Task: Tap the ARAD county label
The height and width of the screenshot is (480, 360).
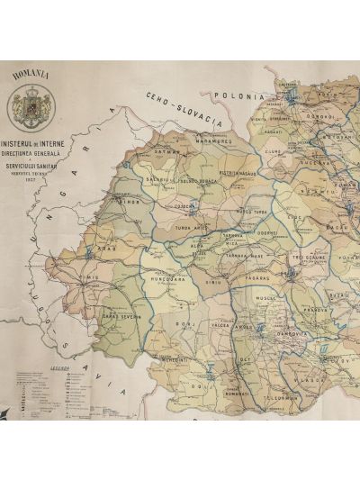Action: coord(109,246)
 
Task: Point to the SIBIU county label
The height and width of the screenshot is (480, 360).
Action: coord(212,281)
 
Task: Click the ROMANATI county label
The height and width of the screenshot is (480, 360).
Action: coord(237,394)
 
